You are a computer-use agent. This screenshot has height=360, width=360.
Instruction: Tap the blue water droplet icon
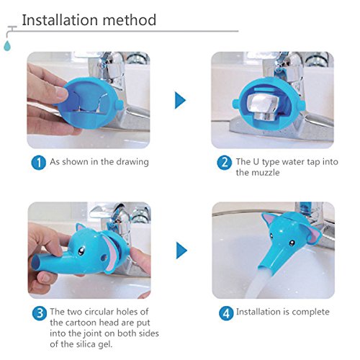pyautogui.click(x=7, y=45)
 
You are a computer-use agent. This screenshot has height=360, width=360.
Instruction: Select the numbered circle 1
pyautogui.click(x=38, y=163)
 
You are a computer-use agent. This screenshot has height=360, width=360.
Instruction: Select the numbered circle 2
pyautogui.click(x=225, y=163)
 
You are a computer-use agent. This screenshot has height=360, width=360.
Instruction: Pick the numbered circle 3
pyautogui.click(x=40, y=313)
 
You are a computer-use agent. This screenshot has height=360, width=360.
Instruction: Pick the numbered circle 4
pyautogui.click(x=226, y=313)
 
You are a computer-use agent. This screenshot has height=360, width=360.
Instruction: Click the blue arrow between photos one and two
pyautogui.click(x=180, y=100)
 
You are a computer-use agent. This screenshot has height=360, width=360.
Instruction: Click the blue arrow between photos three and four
pyautogui.click(x=181, y=251)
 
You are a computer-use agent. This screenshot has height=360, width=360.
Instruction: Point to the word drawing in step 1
pyautogui.click(x=132, y=162)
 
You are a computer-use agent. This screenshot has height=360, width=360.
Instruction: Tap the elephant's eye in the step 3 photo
pyautogui.click(x=81, y=251)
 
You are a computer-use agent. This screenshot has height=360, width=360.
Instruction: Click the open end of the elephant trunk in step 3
pyautogui.click(x=36, y=262)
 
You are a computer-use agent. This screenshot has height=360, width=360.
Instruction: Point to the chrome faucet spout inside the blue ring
pyautogui.click(x=263, y=107)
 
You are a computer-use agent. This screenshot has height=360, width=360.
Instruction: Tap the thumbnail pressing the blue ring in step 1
pyautogui.click(x=61, y=91)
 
